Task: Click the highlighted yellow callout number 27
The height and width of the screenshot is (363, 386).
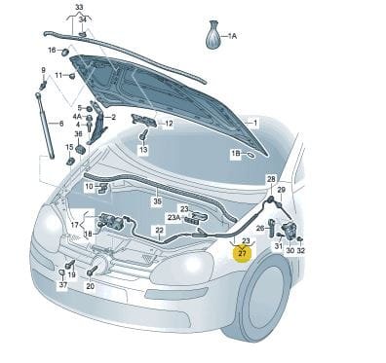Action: point(243,254)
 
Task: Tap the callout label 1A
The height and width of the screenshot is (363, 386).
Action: point(232,36)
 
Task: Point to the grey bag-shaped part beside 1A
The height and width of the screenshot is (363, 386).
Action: point(213,35)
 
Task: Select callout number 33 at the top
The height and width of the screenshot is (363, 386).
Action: point(79,7)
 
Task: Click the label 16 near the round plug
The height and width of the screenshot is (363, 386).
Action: point(52,50)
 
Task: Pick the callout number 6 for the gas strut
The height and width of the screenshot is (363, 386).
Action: point(61,124)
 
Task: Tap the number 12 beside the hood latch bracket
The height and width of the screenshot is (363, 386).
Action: point(169,124)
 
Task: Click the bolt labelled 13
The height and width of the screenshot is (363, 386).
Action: point(144,134)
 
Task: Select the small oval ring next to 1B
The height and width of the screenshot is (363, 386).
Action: point(251,155)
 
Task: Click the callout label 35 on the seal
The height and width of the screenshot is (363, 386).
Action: point(157,201)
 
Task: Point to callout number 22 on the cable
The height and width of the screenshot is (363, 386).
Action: point(159,230)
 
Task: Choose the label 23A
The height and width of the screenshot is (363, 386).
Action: point(174,218)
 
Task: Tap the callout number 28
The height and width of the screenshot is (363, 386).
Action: point(271,178)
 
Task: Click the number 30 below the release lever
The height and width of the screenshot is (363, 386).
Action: point(290,250)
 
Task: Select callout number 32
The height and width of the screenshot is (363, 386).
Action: point(301,250)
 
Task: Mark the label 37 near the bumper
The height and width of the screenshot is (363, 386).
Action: point(63,285)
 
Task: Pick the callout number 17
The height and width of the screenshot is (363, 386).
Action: point(75,225)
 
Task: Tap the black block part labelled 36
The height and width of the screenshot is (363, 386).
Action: point(80,151)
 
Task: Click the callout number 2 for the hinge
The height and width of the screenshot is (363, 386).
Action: point(113,117)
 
